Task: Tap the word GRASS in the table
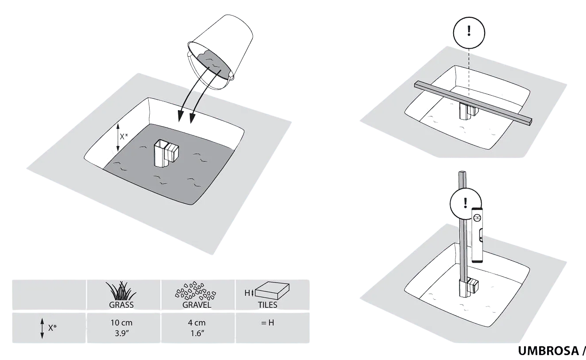click(121, 305)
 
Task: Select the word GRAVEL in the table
click(197, 305)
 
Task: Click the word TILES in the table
click(268, 305)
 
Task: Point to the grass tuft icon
click(121, 291)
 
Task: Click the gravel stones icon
click(196, 291)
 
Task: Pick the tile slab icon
click(272, 290)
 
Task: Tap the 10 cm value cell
click(121, 328)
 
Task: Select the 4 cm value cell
click(197, 328)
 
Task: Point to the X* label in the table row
click(52, 328)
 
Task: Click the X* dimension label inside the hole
click(124, 136)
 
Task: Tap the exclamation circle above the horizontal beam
click(469, 33)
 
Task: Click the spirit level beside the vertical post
click(478, 235)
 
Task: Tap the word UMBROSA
click(548, 351)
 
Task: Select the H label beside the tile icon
click(247, 293)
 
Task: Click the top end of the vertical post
click(463, 173)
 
